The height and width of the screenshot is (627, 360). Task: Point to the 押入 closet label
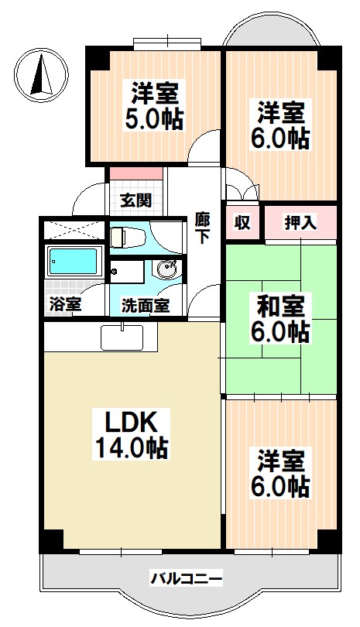coord(300,224)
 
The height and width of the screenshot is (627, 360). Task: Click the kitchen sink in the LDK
coord(122,337)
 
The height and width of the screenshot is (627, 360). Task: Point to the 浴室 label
coord(65,304)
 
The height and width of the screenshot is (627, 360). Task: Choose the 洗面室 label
coord(146,304)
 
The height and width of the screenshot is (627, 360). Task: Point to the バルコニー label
coord(186,577)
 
